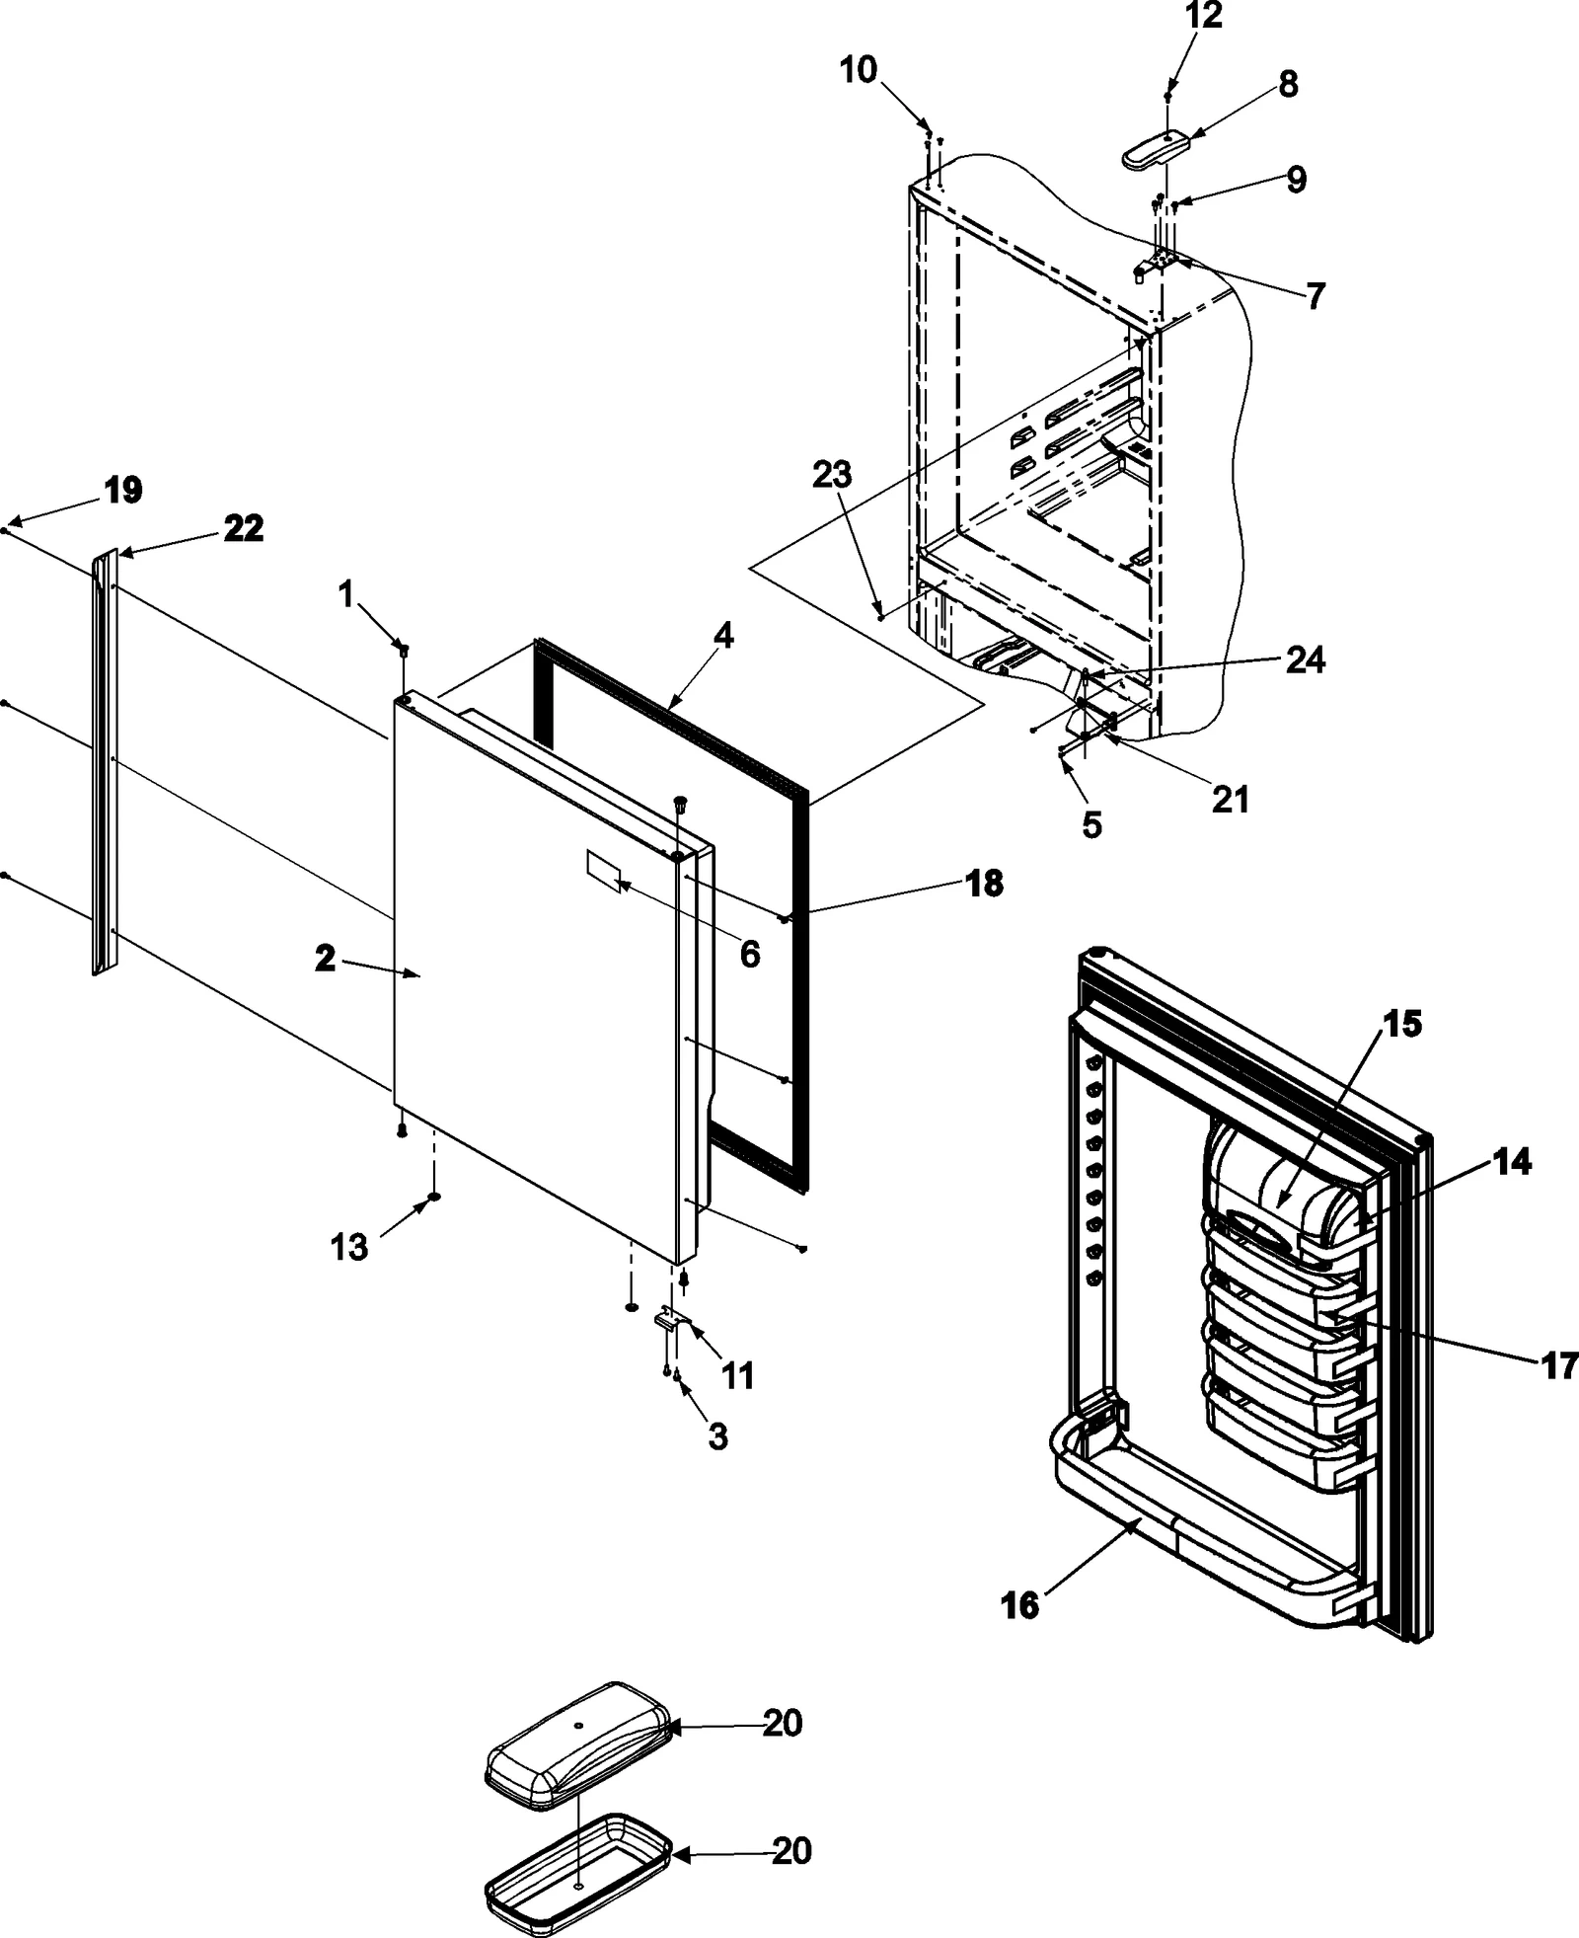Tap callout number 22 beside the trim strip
tap(243, 529)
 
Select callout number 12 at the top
tap(1203, 16)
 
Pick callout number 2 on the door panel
tap(326, 958)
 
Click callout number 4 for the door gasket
tap(722, 637)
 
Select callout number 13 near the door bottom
tap(348, 1247)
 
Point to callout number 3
tap(717, 1435)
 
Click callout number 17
tap(1556, 1365)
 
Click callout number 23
tap(831, 475)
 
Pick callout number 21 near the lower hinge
tap(1230, 799)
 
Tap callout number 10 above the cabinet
tap(858, 71)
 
